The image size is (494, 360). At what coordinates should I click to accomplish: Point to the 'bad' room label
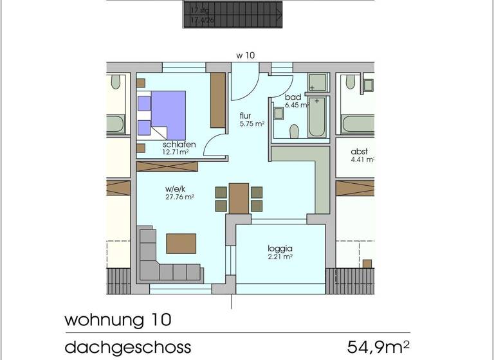click(293, 97)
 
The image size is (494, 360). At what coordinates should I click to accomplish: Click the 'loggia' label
click(280, 248)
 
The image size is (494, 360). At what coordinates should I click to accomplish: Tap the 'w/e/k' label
click(175, 188)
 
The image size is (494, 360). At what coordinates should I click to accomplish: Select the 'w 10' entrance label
click(245, 56)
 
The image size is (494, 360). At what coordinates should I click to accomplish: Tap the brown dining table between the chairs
click(239, 197)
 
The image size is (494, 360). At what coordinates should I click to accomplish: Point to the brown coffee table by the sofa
click(181, 244)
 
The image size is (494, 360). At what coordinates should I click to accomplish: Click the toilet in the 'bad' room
click(295, 131)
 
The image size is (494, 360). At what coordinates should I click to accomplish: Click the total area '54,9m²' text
click(378, 348)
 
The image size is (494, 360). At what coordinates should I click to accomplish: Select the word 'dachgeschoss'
click(128, 348)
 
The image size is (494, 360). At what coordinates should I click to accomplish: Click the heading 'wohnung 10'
click(118, 319)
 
